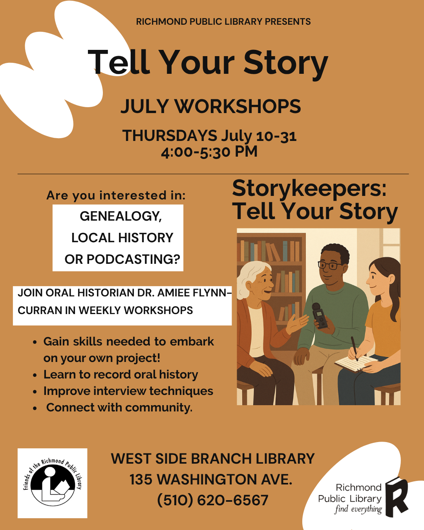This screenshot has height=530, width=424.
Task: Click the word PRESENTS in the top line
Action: pos(288,22)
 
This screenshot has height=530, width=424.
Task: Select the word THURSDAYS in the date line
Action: pos(170,135)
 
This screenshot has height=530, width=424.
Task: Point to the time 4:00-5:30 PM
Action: pos(209,152)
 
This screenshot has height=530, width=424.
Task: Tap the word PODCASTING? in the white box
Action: pos(133,259)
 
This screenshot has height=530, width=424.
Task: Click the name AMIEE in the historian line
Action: pos(174,293)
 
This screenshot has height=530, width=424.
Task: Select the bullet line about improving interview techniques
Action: pos(128,391)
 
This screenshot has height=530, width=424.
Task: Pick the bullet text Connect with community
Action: pos(119,408)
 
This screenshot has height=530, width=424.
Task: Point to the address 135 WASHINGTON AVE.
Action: pos(211,479)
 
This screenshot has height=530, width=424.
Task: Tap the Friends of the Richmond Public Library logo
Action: pos(53,483)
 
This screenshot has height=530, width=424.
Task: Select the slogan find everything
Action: pos(358,509)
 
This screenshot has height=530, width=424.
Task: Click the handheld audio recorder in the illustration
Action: pos(320,316)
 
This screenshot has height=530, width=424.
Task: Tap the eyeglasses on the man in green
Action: pos(330,265)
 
